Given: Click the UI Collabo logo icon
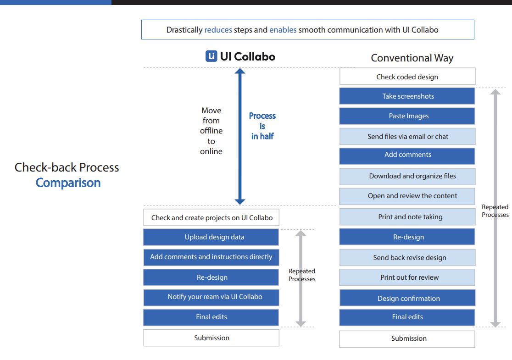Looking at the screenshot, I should pyautogui.click(x=211, y=56).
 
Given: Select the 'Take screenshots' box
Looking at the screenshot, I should pyautogui.click(x=407, y=96).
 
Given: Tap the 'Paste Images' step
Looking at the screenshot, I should pyautogui.click(x=407, y=116).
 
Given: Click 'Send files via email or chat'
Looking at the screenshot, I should pyautogui.click(x=407, y=137).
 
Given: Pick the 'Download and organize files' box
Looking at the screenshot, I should pyautogui.click(x=407, y=176).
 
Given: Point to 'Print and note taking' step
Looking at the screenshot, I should pyautogui.click(x=407, y=217).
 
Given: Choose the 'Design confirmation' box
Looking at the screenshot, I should pyautogui.click(x=407, y=299).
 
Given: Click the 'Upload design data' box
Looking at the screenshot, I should pyautogui.click(x=211, y=237).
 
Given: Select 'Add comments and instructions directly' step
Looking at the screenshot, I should pyautogui.click(x=211, y=257).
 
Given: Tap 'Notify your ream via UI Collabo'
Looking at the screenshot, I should pyautogui.click(x=211, y=297).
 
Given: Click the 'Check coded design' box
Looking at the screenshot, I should pyautogui.click(x=407, y=77).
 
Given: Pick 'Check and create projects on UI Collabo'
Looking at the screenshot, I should pyautogui.click(x=211, y=217).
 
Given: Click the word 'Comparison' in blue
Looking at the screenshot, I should pyautogui.click(x=68, y=183).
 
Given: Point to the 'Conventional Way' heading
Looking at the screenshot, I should pyautogui.click(x=412, y=58).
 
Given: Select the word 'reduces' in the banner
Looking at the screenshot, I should pyautogui.click(x=218, y=30).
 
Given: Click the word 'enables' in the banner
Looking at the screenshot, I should pyautogui.click(x=283, y=30).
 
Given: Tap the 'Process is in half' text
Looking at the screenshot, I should pyautogui.click(x=262, y=126).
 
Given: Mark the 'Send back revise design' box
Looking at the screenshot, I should pyautogui.click(x=407, y=258).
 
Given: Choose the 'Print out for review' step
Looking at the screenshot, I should pyautogui.click(x=407, y=277).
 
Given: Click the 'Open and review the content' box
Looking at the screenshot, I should pyautogui.click(x=407, y=196).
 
